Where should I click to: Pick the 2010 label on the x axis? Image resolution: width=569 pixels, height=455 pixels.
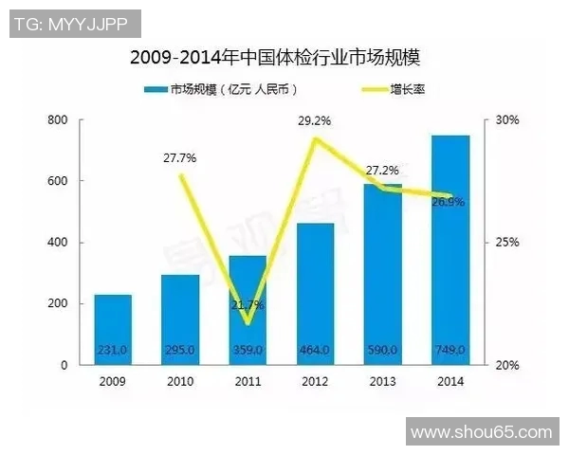pyautogui.click(x=179, y=381)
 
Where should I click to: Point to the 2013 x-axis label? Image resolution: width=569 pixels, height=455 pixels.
pyautogui.click(x=382, y=381)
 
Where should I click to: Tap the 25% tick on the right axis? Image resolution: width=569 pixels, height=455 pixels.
pyautogui.click(x=508, y=243)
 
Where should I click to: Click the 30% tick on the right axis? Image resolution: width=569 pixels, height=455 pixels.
pyautogui.click(x=508, y=120)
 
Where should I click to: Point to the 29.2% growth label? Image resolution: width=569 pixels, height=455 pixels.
pyautogui.click(x=315, y=122)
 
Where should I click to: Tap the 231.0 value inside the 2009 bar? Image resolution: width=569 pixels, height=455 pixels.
pyautogui.click(x=112, y=351)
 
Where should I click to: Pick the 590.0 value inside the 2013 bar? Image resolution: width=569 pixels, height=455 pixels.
pyautogui.click(x=382, y=351)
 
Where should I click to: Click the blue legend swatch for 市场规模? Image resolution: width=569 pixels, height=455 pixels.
pyautogui.click(x=155, y=89)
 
